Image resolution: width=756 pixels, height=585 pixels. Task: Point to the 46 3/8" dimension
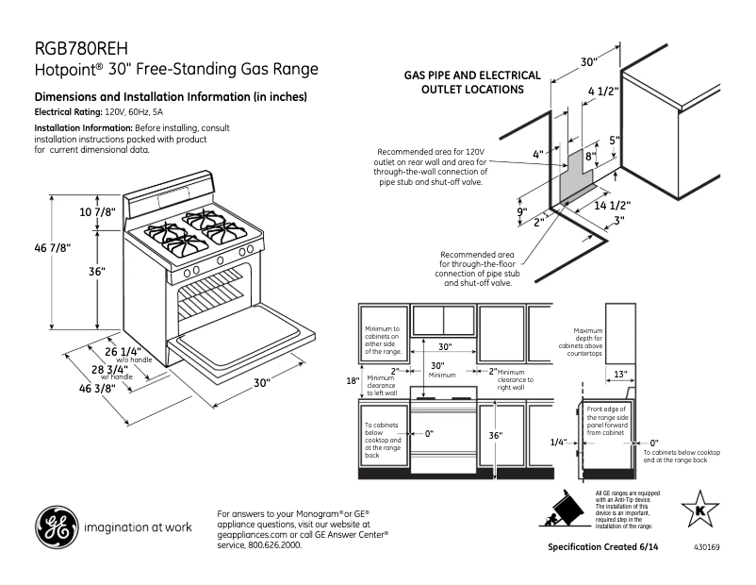[97, 387]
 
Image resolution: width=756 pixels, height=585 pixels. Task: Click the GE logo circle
[56, 528]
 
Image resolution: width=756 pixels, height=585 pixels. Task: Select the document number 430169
[705, 547]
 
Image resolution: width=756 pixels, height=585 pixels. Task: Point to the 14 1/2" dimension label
[612, 205]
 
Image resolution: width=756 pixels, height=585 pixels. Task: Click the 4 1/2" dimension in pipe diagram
[602, 91]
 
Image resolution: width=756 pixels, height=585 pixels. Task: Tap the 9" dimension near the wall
[521, 212]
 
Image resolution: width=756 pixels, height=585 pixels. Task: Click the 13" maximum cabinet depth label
[619, 374]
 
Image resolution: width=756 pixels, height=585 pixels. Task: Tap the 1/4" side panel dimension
[559, 442]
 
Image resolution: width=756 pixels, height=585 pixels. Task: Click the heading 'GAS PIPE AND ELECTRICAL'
[472, 75]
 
